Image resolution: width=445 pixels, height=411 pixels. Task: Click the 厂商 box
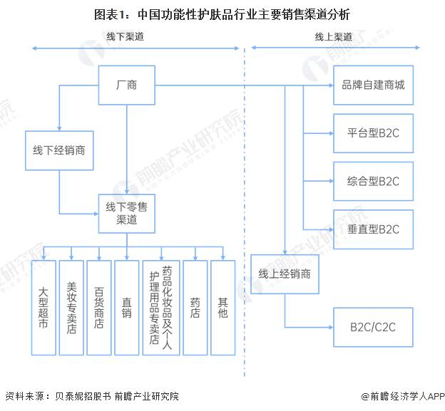coord(126,85)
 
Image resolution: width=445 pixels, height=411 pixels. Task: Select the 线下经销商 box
coord(59,150)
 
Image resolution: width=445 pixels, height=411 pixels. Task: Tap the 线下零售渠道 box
coord(126,214)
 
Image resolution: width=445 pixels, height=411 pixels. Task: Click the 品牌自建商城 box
coord(373,85)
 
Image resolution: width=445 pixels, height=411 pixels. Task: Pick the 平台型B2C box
coord(373,133)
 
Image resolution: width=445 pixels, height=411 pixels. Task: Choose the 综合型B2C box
coord(373,182)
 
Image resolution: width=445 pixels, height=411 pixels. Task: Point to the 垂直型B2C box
coord(373,229)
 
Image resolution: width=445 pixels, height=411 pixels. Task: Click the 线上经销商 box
coord(285,274)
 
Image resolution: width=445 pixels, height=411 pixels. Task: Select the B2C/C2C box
coord(373,328)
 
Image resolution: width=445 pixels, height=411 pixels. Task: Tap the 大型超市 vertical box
coord(44,308)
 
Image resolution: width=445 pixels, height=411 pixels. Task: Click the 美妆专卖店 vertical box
coord(71,308)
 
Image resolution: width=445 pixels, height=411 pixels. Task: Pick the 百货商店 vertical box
coord(99,308)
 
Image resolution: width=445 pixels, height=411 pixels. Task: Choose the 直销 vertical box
coord(126,308)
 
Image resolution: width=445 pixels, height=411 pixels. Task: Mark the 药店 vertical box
coord(195,308)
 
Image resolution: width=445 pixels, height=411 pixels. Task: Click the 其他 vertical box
coord(223,308)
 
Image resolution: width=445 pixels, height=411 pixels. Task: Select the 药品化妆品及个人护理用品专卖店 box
coord(161,308)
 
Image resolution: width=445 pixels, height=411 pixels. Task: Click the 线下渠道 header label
coord(126,36)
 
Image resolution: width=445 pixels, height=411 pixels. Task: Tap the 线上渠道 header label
coord(334,36)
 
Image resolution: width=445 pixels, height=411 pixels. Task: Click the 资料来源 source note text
coord(92,396)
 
